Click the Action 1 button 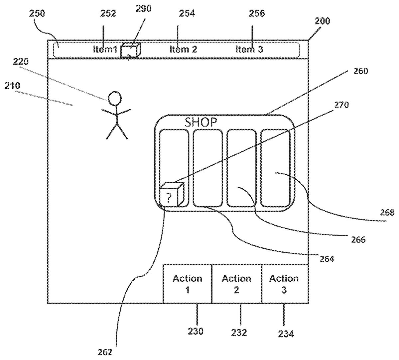tap(187, 284)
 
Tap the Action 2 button tap(236, 284)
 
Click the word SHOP tap(201, 122)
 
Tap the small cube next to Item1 tap(130, 50)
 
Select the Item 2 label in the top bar tap(183, 49)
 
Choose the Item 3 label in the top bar tap(249, 49)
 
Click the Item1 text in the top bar tap(105, 49)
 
